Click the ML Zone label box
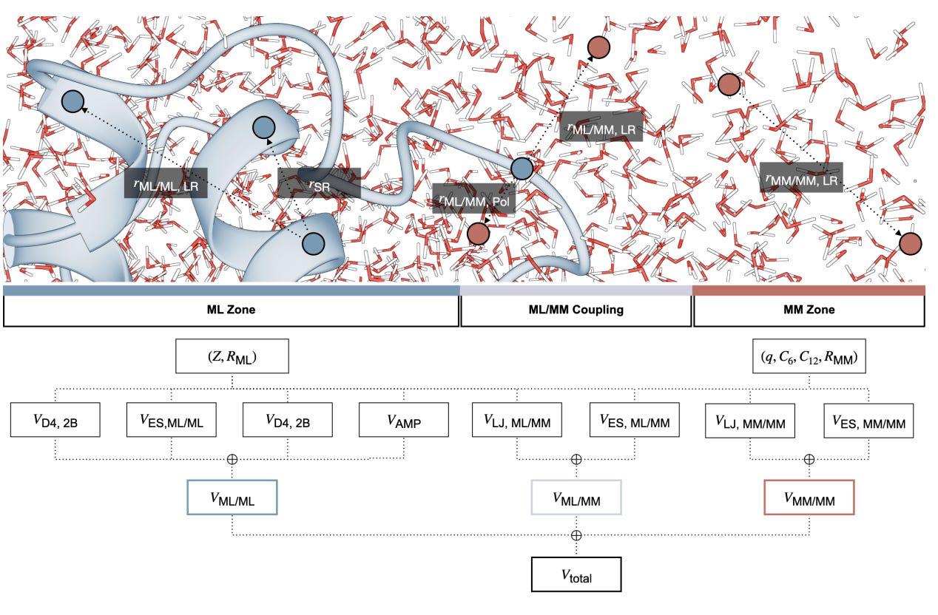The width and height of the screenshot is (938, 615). [230, 310]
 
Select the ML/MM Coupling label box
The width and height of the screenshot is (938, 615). [576, 310]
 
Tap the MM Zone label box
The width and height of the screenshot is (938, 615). [809, 310]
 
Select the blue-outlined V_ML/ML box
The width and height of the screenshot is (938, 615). [232, 497]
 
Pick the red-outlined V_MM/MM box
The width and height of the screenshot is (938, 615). [809, 497]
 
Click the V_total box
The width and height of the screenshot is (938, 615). [576, 574]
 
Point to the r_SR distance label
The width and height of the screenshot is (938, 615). [320, 183]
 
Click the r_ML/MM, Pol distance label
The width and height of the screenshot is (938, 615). [473, 199]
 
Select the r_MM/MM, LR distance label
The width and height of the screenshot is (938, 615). [801, 177]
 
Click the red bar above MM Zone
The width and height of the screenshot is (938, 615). [809, 290]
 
